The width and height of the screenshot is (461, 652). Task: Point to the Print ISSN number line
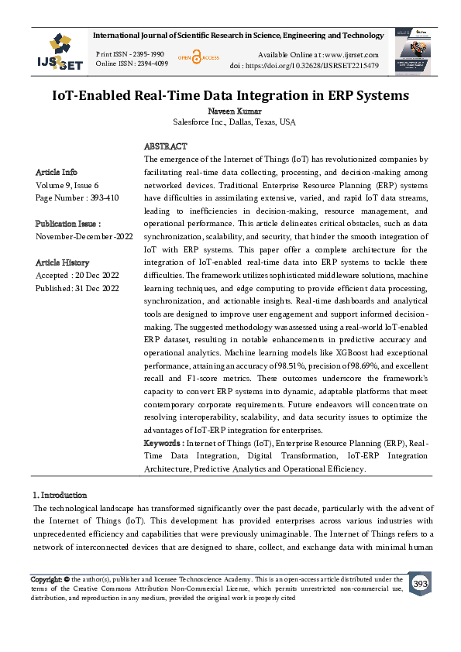(x=129, y=54)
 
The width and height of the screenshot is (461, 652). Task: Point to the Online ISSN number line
(x=131, y=63)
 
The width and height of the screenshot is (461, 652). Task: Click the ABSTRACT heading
(x=165, y=146)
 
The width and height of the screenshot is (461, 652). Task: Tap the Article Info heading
(x=57, y=172)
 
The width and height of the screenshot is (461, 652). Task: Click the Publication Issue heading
(x=68, y=224)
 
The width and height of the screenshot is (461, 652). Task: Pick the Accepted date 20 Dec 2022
(x=77, y=275)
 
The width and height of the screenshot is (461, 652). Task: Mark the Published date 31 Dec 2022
(x=77, y=288)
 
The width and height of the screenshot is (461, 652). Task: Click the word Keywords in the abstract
(x=163, y=443)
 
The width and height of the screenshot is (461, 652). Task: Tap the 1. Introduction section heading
(x=60, y=495)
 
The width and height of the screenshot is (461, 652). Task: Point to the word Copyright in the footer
(x=46, y=579)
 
